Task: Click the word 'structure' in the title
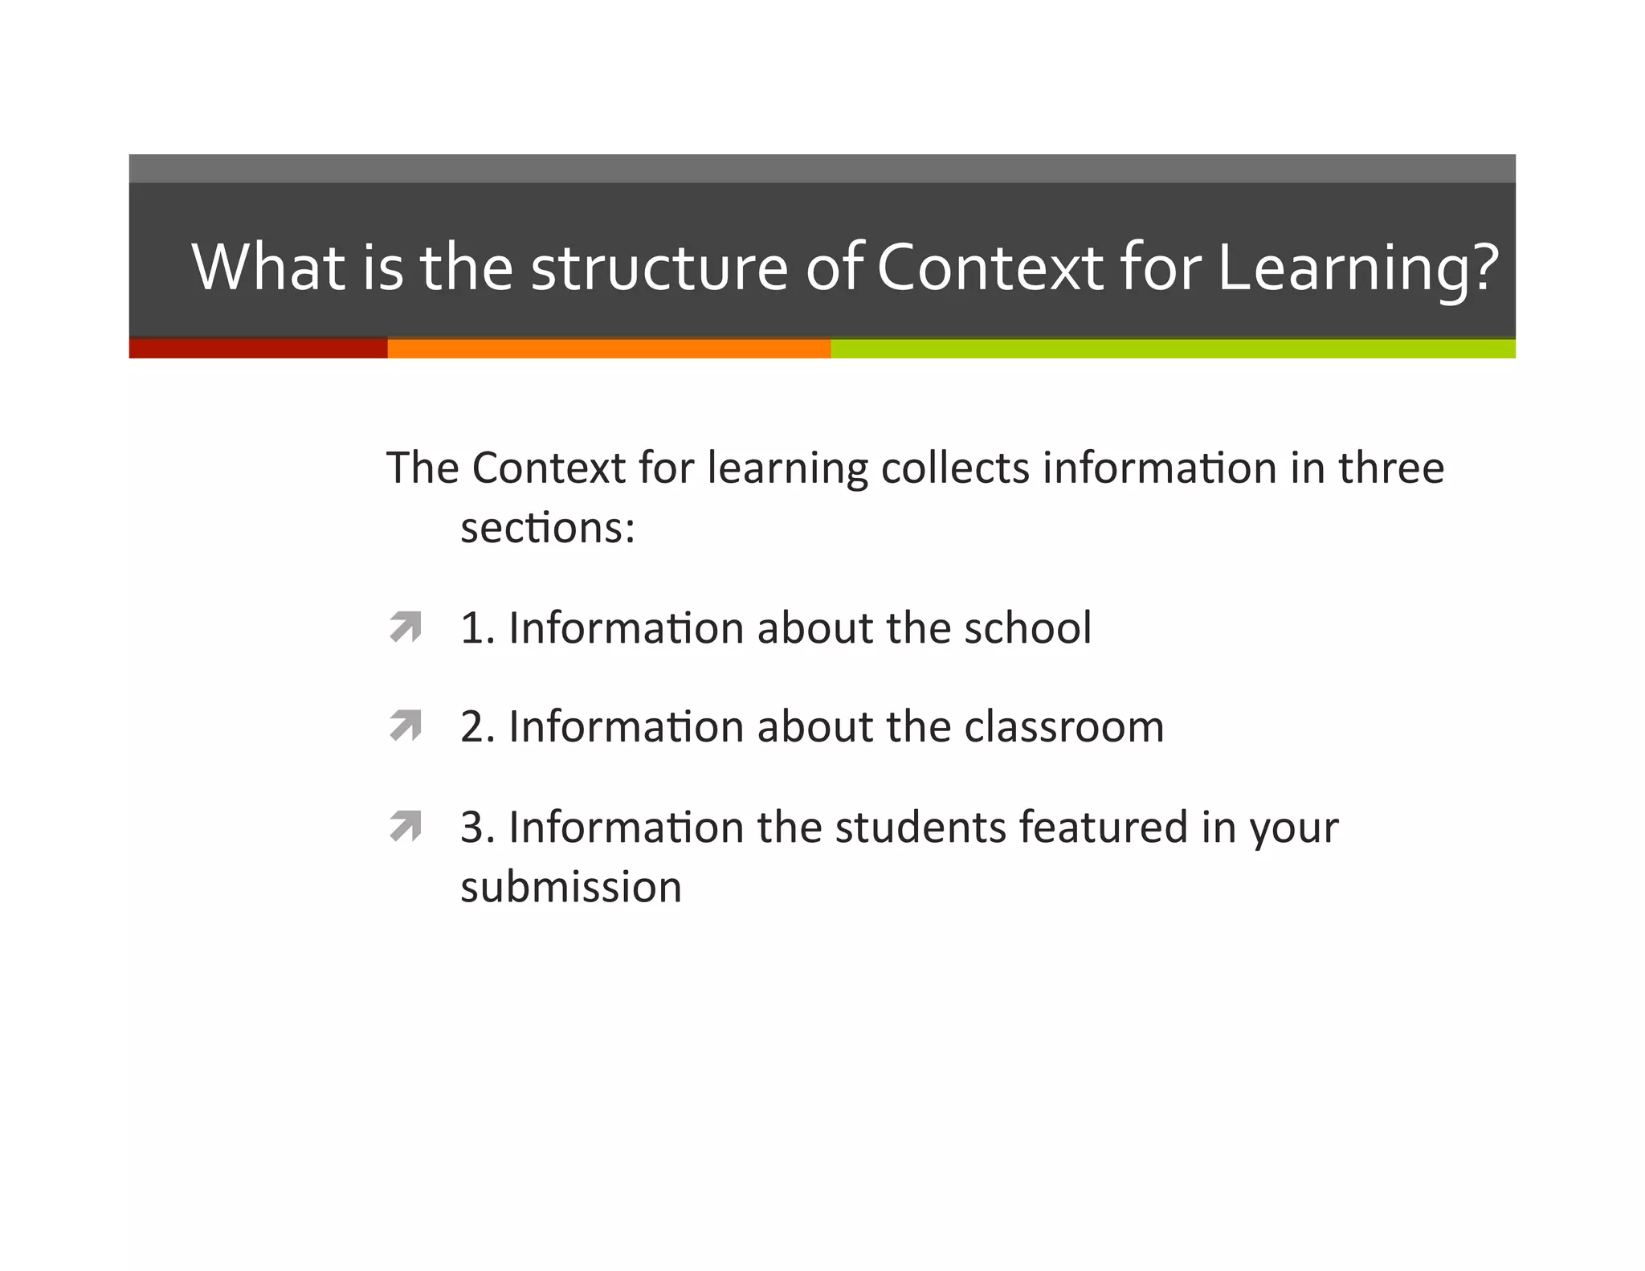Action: click(x=659, y=268)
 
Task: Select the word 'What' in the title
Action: click(x=268, y=268)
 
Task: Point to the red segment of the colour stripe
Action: click(x=258, y=348)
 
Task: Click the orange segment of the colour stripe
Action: click(x=609, y=348)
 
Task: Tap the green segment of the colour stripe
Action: click(x=1173, y=348)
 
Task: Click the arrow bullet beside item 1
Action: click(x=406, y=627)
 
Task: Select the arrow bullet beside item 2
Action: click(x=406, y=725)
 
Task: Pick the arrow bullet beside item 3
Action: click(x=406, y=825)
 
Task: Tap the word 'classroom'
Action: click(x=1063, y=726)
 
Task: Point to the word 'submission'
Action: click(x=571, y=887)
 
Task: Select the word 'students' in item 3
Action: click(x=920, y=827)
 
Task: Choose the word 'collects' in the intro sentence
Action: click(x=955, y=468)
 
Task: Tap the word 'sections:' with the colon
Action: click(x=548, y=529)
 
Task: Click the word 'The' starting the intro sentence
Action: click(x=422, y=468)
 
